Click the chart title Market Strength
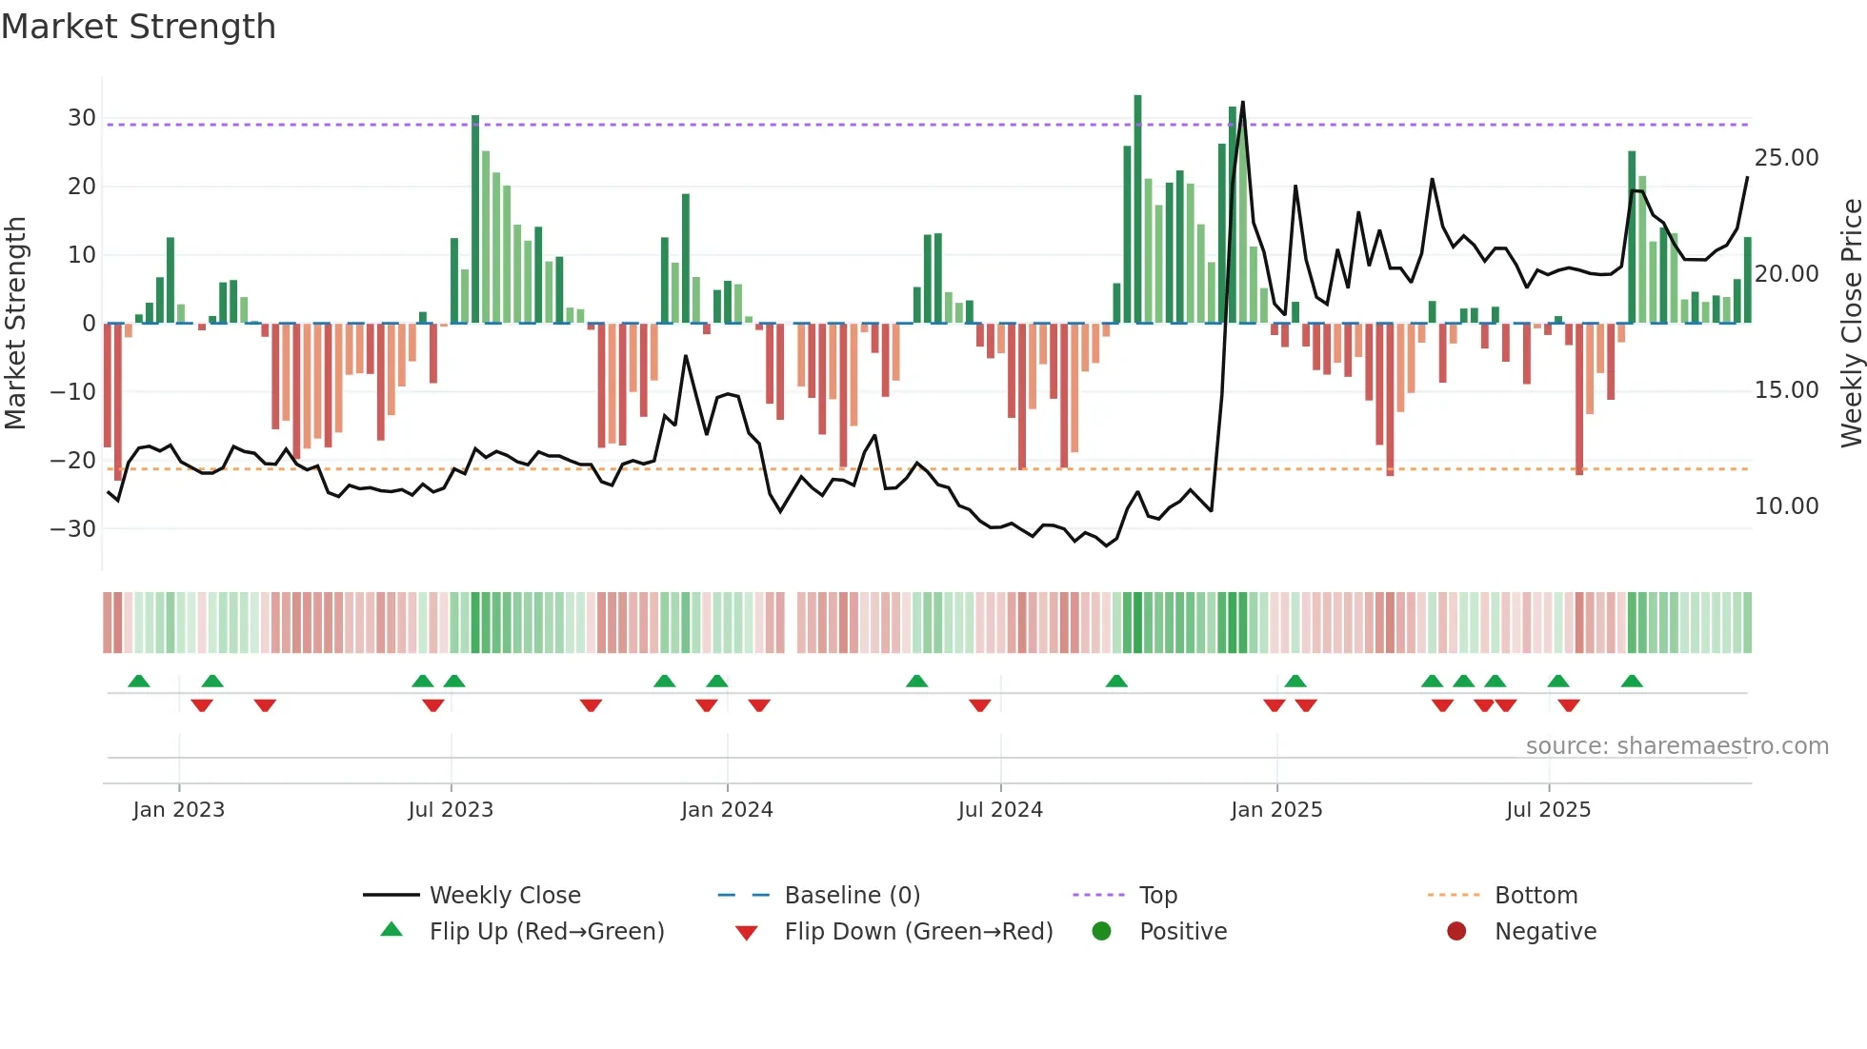(x=138, y=27)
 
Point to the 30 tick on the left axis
(x=82, y=118)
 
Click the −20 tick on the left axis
(x=73, y=461)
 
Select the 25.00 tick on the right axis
(x=1786, y=158)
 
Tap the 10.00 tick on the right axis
(x=1786, y=506)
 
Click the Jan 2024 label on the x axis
(x=727, y=810)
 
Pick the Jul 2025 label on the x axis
(x=1548, y=810)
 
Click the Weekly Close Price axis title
(x=1851, y=324)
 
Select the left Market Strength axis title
(x=15, y=324)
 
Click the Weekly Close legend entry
(x=505, y=896)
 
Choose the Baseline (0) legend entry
(x=852, y=896)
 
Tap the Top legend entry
(x=1158, y=896)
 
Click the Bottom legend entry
(x=1536, y=896)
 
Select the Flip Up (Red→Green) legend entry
(x=547, y=932)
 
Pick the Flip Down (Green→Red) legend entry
(x=918, y=932)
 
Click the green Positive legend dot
(x=1102, y=931)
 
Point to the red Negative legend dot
(x=1456, y=931)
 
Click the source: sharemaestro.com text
(x=1676, y=746)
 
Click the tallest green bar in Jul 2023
(x=475, y=219)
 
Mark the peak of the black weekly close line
(x=1243, y=103)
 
